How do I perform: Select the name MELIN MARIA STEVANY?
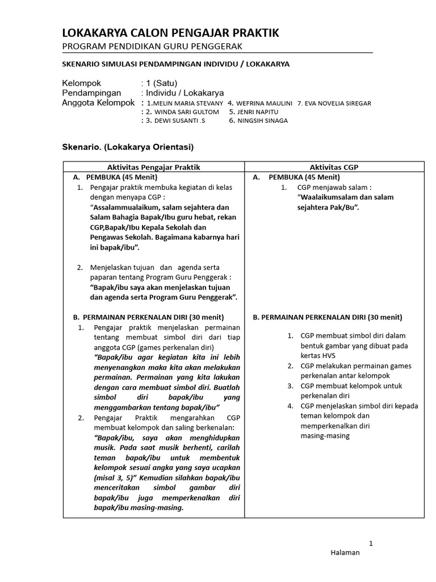pyautogui.click(x=186, y=103)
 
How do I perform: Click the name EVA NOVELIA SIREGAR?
pyautogui.click(x=338, y=103)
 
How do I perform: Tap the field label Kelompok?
pyautogui.click(x=81, y=84)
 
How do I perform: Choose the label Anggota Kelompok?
pyautogui.click(x=98, y=103)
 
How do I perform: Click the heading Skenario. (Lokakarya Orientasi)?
pyautogui.click(x=127, y=147)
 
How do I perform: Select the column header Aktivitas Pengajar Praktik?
pyautogui.click(x=154, y=167)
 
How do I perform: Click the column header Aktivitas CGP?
pyautogui.click(x=334, y=167)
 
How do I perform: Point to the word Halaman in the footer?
pyautogui.click(x=345, y=553)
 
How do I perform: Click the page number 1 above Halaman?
pyautogui.click(x=371, y=543)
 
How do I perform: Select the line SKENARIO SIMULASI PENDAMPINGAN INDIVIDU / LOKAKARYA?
pyautogui.click(x=175, y=64)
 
